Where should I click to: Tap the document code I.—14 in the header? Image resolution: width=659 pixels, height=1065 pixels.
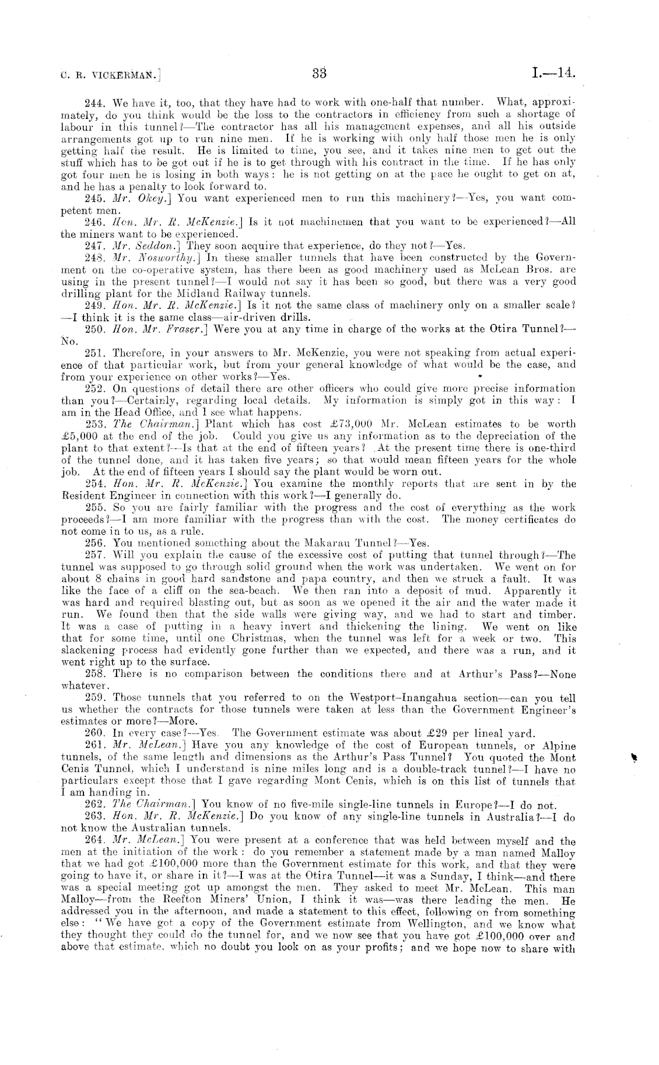(553, 73)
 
